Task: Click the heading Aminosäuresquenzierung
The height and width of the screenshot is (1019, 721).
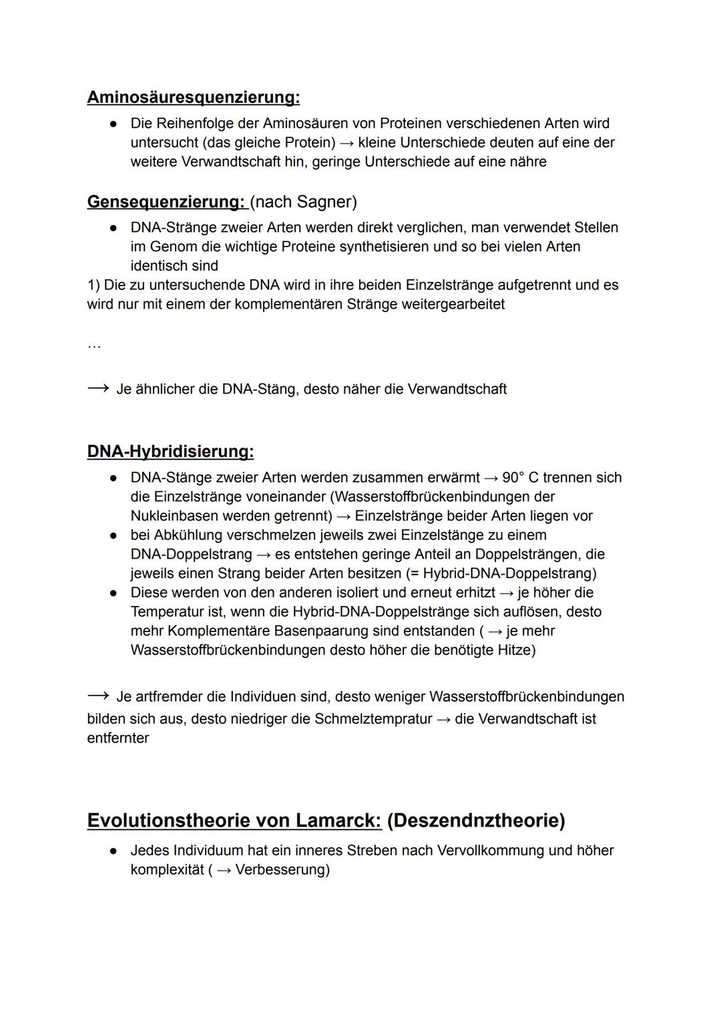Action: coord(193,98)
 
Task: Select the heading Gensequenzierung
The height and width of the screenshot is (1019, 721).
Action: coord(166,202)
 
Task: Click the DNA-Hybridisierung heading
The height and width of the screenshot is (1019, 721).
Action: coord(170,452)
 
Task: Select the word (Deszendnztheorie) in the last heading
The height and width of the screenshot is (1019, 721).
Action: coord(475,821)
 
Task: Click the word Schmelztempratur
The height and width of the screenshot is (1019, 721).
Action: coord(373,719)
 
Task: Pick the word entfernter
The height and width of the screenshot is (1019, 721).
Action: coord(118,738)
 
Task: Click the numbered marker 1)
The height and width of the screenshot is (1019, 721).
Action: coord(93,285)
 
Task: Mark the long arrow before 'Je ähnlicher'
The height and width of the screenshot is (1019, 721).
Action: coord(97,389)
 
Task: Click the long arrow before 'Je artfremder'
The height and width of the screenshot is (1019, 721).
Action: coord(97,696)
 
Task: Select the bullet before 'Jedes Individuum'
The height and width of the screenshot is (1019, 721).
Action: coord(115,851)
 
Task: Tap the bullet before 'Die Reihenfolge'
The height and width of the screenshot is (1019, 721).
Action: coord(115,124)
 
